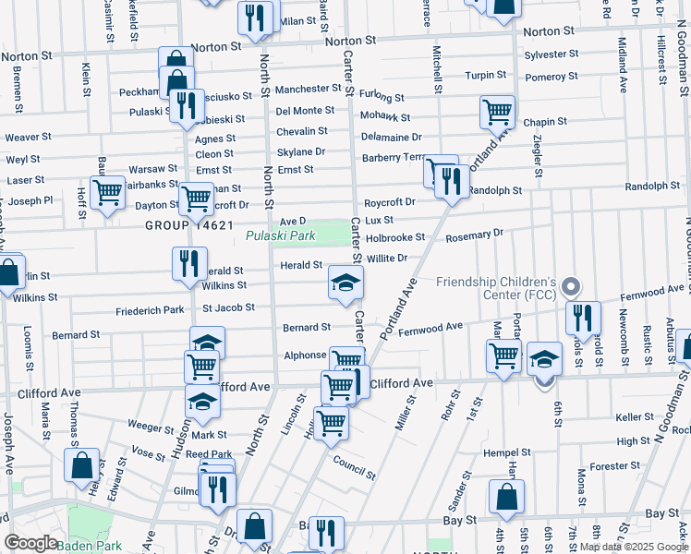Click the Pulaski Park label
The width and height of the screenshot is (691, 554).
pyautogui.click(x=281, y=235)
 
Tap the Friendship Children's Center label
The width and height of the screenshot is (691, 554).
pyautogui.click(x=496, y=289)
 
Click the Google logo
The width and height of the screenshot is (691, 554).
pyautogui.click(x=30, y=543)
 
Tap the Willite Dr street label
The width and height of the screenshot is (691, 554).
pyautogui.click(x=387, y=259)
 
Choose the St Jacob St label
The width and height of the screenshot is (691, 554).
pyautogui.click(x=228, y=307)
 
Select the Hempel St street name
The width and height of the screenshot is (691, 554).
pyautogui.click(x=507, y=452)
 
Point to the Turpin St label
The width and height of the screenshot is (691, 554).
pyautogui.click(x=486, y=75)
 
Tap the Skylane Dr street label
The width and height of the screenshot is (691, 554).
pyautogui.click(x=301, y=151)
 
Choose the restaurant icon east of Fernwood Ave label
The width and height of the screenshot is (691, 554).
pyautogui.click(x=582, y=318)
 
